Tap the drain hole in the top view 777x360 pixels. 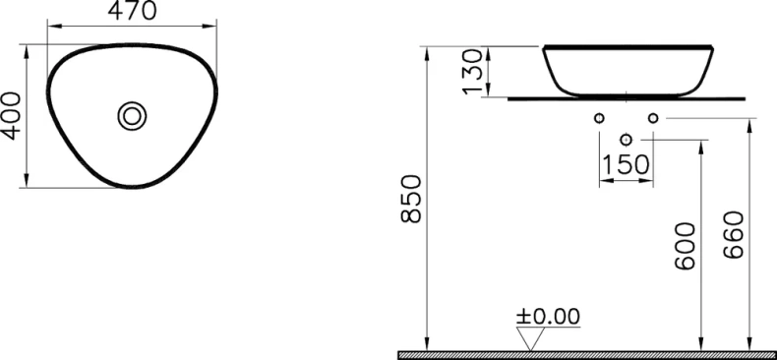coord(132,115)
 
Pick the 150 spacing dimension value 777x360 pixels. coord(626,164)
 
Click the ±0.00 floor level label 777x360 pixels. coord(549,317)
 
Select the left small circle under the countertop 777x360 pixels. coord(599,118)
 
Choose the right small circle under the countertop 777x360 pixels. coord(652,118)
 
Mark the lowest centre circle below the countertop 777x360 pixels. coord(626,140)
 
